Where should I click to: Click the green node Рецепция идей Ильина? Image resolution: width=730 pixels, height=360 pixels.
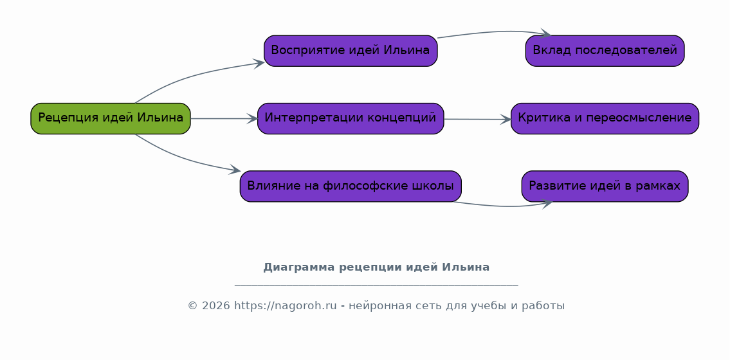point(111,118)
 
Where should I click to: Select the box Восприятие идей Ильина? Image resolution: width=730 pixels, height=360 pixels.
point(351,51)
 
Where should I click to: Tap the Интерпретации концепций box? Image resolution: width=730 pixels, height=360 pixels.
point(351,118)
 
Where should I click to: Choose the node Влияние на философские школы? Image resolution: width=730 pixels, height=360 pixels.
point(351,186)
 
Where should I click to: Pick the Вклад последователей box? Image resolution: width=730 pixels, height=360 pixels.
point(605,51)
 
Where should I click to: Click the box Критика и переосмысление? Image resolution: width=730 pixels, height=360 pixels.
point(605,118)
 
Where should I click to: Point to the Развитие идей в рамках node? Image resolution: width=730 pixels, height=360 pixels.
point(605,186)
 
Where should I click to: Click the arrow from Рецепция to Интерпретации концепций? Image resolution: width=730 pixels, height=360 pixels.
point(224,118)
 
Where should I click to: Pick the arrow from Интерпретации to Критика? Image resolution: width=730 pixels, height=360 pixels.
point(477,120)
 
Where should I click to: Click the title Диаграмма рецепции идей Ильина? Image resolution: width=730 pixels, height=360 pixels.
point(376,267)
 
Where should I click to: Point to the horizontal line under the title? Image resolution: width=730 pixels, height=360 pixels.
point(376,285)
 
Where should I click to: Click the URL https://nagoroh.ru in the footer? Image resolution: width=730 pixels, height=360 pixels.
point(285,305)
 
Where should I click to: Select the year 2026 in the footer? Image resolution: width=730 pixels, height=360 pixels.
point(216,305)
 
